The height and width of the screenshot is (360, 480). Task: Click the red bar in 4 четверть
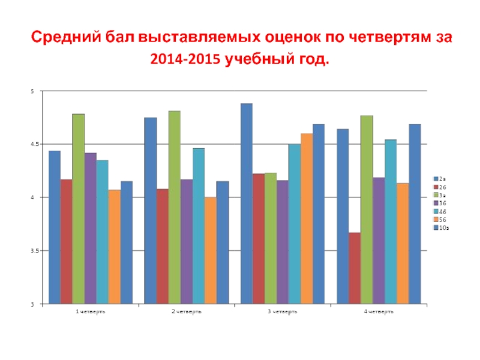click(355, 268)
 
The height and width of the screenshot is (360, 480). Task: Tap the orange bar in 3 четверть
click(307, 218)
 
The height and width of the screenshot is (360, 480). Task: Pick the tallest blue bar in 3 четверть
click(247, 203)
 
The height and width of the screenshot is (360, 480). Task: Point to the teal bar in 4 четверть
click(391, 221)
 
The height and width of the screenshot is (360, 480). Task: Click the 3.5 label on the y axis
click(32, 251)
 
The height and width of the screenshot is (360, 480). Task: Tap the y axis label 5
click(34, 91)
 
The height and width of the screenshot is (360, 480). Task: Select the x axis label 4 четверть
click(378, 312)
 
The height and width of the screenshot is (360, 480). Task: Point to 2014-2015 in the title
click(187, 61)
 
